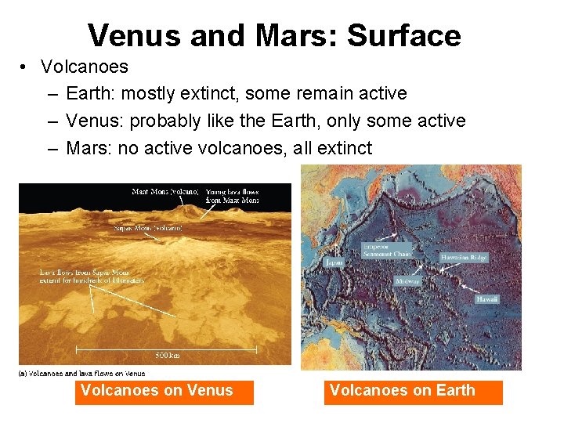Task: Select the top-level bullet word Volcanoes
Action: pos(85,67)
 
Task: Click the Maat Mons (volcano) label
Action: pos(165,191)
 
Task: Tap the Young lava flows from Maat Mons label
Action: pos(232,196)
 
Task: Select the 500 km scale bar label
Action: pos(167,355)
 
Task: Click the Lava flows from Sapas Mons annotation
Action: pos(92,276)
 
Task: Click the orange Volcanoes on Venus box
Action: pos(164,391)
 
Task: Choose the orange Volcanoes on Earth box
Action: pos(413,391)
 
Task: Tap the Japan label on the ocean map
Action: pos(334,263)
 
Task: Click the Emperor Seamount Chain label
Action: pos(386,250)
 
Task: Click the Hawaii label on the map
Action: pos(487,298)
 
